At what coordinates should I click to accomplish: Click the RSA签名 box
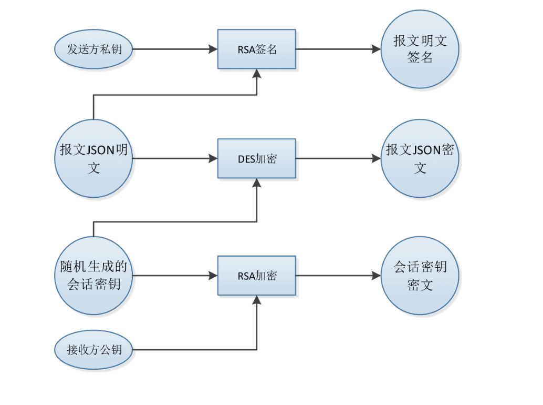[x=257, y=49]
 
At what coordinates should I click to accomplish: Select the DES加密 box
[x=257, y=158]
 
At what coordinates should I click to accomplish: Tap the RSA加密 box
[x=257, y=275]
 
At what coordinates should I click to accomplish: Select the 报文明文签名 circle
[x=420, y=49]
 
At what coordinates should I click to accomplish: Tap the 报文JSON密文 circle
[x=420, y=158]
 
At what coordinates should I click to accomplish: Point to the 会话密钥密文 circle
[x=420, y=276]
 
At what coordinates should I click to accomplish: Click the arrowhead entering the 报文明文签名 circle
[x=376, y=49]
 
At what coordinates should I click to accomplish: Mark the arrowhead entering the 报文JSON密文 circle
[x=376, y=158]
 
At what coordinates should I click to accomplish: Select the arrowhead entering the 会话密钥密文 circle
[x=376, y=276]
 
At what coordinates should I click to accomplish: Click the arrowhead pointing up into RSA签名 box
[x=257, y=74]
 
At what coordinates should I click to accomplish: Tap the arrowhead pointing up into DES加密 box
[x=257, y=183]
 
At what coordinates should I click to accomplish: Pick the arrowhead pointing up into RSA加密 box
[x=257, y=299]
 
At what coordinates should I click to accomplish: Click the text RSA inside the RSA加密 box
[x=246, y=276]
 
